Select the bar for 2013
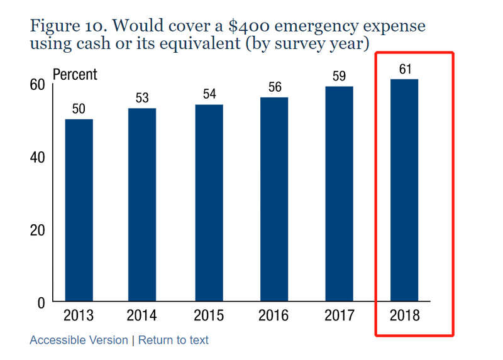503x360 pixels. (x=79, y=210)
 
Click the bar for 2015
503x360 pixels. (x=209, y=202)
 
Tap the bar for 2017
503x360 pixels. (x=339, y=194)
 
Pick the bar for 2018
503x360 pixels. (x=404, y=190)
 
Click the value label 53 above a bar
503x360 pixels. (x=142, y=98)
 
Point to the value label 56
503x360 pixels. (x=275, y=87)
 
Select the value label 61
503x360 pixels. (x=405, y=69)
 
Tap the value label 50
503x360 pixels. (x=79, y=109)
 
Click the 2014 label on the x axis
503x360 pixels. (x=141, y=315)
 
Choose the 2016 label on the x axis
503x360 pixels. (x=274, y=315)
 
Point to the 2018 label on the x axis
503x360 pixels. (x=404, y=315)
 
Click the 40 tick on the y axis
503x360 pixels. (x=37, y=158)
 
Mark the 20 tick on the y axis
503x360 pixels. (x=37, y=230)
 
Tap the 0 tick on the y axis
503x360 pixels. (x=41, y=303)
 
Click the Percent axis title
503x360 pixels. (x=75, y=74)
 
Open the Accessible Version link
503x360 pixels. (x=79, y=340)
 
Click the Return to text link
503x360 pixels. (x=174, y=340)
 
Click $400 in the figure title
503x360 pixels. (x=249, y=26)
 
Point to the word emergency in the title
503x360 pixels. (x=316, y=26)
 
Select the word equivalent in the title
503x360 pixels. (x=200, y=43)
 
